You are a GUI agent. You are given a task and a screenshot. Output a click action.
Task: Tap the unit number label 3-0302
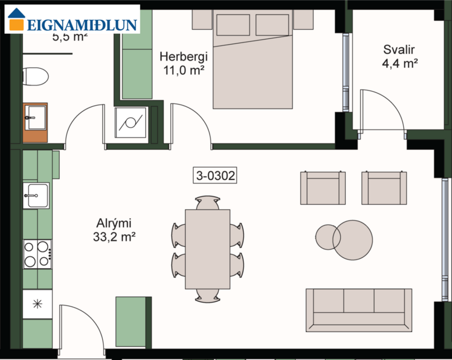pos(216,175)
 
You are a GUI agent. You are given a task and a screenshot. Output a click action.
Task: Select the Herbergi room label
pos(183,57)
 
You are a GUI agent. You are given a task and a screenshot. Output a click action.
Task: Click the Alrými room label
pos(114,224)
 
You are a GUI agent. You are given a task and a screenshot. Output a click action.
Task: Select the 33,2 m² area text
pos(114,237)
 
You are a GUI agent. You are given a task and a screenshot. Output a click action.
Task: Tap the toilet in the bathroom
pos(35,76)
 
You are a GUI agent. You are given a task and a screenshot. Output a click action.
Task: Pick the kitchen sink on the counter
pos(35,195)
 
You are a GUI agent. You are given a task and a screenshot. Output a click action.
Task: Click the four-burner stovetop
pos(37,254)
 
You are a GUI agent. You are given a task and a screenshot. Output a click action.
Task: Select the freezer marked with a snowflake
pos(37,304)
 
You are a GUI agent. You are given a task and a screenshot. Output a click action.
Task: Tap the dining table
pos(208,249)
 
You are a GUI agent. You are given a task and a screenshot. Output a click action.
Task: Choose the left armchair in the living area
pos(323,188)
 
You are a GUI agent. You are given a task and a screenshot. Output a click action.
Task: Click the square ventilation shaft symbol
pos(132,123)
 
